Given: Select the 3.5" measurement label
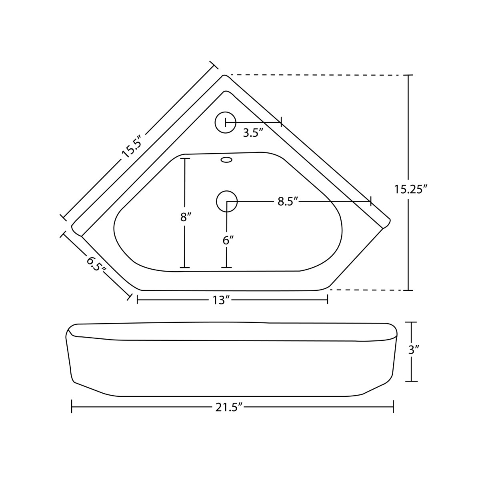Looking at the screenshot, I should coord(253,132).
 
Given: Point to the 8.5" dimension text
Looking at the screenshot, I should coord(289,202).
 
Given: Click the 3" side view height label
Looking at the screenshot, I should coord(414,351).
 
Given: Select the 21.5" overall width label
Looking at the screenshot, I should coord(230,407).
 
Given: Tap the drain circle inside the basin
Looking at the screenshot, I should coord(227,201).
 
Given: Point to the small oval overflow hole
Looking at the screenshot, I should coord(226,160).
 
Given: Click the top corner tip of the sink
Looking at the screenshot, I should coord(225,76).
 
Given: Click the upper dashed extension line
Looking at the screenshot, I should coord(316,75).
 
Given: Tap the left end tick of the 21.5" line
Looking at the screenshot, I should coord(72,407).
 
